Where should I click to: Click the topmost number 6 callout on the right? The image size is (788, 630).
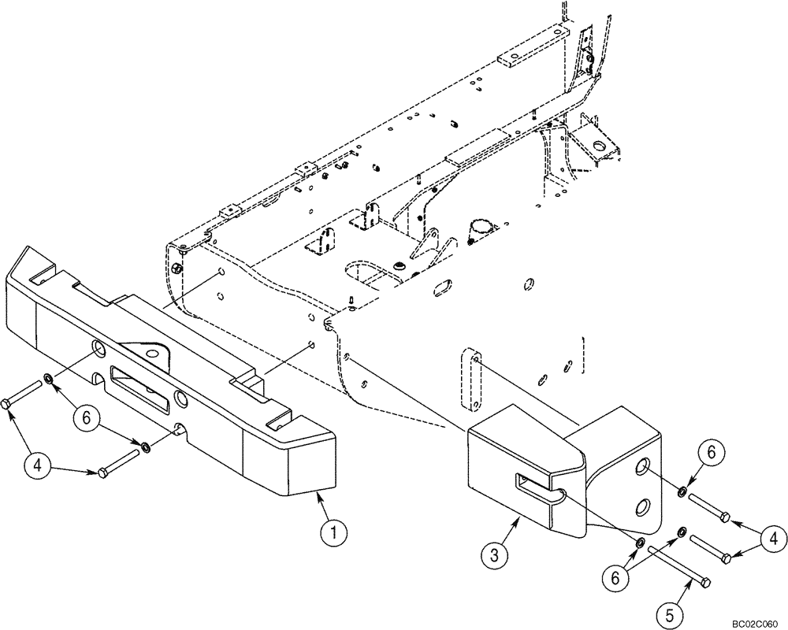711,453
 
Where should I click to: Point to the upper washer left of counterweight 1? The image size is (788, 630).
49,380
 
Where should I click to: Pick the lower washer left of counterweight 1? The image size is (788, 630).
147,448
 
